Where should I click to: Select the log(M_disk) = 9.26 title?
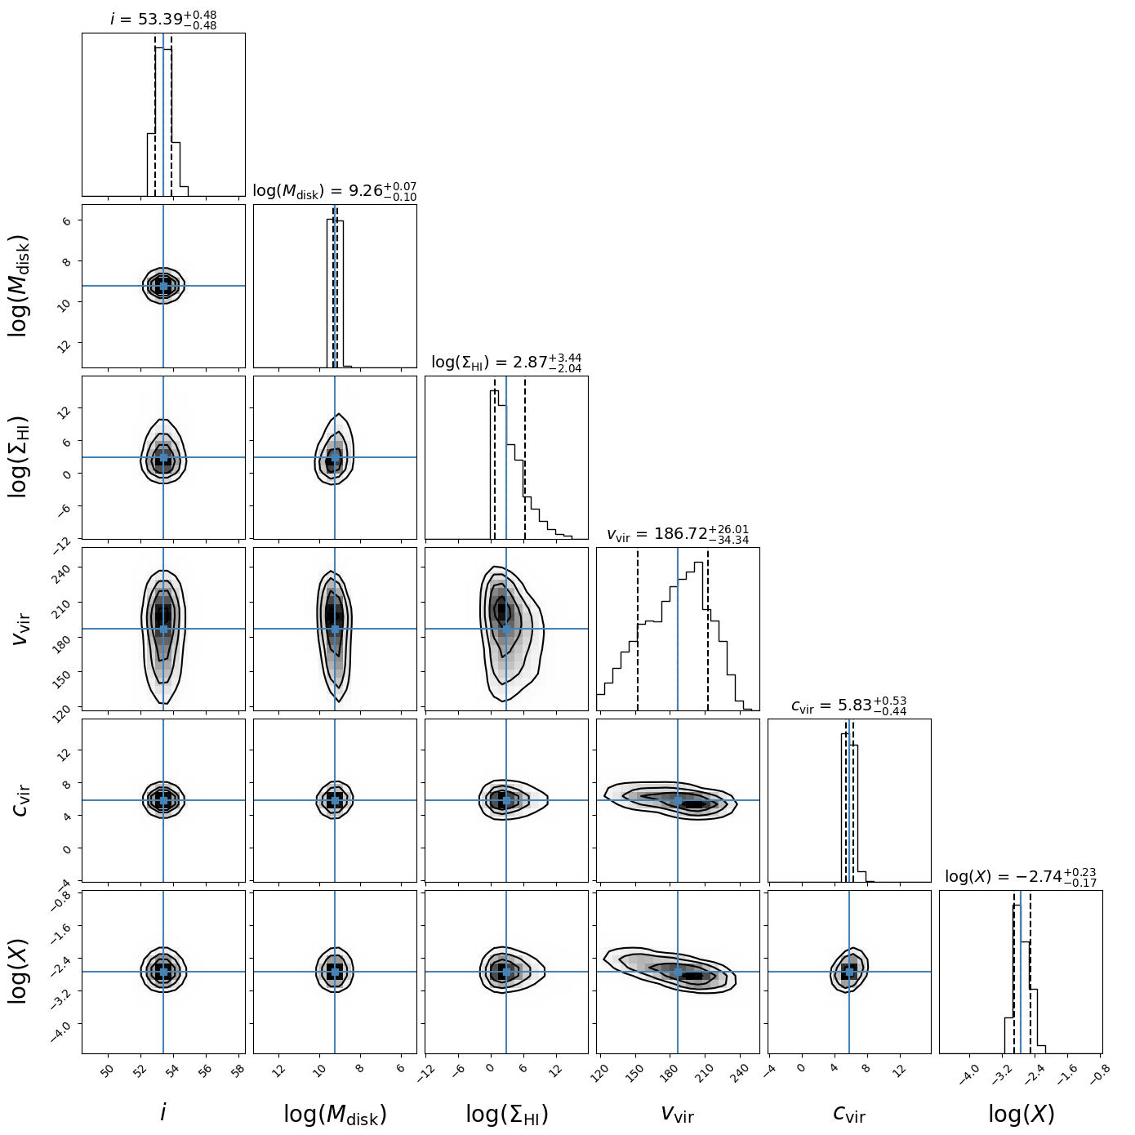[x=335, y=191]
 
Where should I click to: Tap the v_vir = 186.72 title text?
[x=678, y=535]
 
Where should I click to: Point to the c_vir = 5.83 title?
[x=849, y=706]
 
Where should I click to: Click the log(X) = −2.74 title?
[x=1021, y=877]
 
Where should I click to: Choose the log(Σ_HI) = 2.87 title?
[x=506, y=363]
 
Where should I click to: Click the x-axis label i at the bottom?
[x=163, y=1112]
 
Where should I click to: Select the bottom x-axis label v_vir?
[x=678, y=1113]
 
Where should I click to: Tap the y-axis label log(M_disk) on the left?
[x=19, y=286]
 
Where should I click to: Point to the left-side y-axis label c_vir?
[x=21, y=800]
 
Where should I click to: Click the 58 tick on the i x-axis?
[x=238, y=1070]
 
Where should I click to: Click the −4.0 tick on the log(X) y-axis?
[x=64, y=1026]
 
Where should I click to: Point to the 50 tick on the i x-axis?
[x=107, y=1070]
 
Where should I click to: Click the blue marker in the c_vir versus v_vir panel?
[x=678, y=800]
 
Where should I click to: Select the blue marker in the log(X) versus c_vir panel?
[x=849, y=972]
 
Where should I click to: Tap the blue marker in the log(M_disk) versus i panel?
[x=163, y=286]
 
